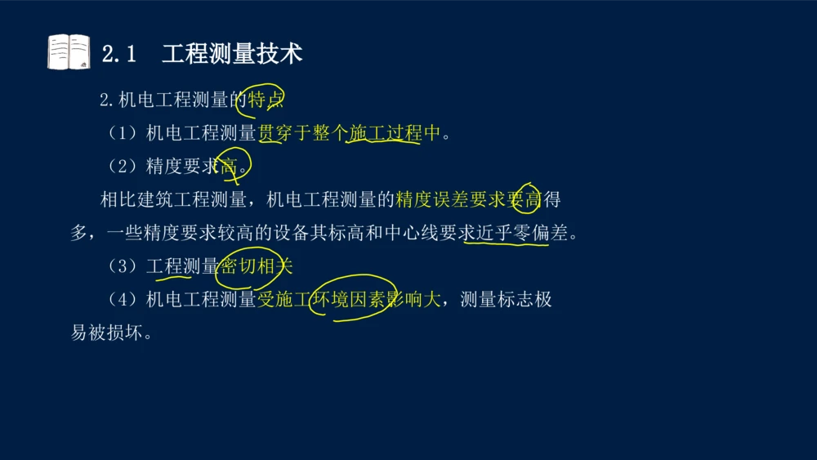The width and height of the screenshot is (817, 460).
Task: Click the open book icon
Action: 69,52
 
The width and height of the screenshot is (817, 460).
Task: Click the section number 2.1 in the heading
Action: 118,54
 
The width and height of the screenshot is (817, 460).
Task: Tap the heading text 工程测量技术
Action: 232,54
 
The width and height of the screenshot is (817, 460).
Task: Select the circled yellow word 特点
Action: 266,100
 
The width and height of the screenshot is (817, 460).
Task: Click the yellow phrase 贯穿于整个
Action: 302,133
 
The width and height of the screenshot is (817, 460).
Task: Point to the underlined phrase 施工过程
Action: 384,133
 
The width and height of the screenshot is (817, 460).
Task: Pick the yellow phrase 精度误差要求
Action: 449,199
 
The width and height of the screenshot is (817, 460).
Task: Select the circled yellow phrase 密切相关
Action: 256,266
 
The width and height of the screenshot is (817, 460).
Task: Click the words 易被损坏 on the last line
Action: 106,333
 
